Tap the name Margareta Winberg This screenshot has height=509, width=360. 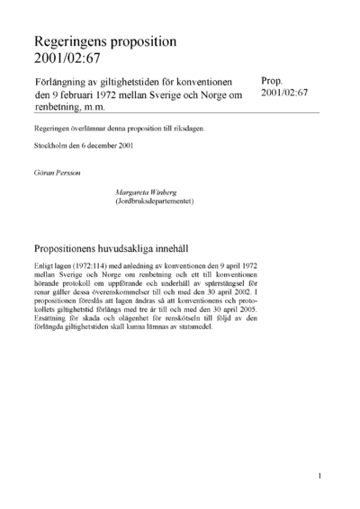pyautogui.click(x=148, y=192)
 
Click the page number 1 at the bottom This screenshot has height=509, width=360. pyautogui.click(x=319, y=474)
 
